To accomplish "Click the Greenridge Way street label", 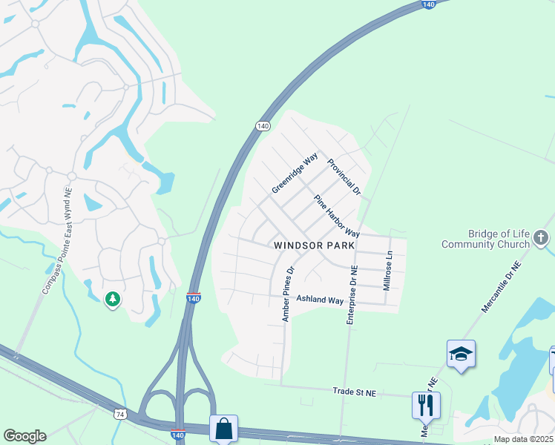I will click(295, 174).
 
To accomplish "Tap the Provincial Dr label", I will click(344, 179).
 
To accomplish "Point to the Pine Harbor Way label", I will click(336, 217).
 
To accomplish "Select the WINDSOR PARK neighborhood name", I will click(315, 245).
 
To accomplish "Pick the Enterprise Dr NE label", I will click(352, 295).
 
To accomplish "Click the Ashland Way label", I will click(320, 300).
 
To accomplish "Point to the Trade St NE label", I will click(355, 390).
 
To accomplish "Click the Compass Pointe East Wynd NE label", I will click(57, 240).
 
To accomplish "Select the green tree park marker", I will click(113, 299).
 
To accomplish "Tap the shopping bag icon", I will click(223, 429).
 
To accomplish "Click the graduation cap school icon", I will click(461, 354).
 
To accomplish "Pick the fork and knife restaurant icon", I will click(426, 405).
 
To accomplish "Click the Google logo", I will click(24, 436).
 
